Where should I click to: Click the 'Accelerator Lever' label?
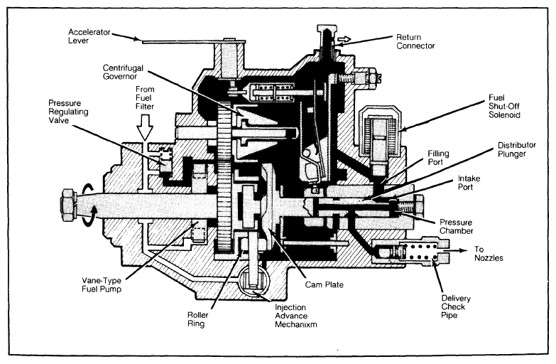point(89,36)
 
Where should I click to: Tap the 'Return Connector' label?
point(415,41)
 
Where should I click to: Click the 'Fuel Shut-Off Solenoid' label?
point(504,106)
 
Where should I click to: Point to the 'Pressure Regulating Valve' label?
point(68,112)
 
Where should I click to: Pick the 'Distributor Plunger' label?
point(517,149)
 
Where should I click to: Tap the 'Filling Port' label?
point(438,158)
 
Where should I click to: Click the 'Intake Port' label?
point(469,183)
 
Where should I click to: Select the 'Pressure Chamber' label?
point(456,227)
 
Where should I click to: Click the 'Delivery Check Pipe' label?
point(456,307)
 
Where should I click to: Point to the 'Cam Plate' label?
point(324,284)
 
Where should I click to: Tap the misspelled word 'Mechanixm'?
point(295,325)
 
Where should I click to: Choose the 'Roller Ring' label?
point(197,319)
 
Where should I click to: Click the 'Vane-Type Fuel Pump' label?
point(102,285)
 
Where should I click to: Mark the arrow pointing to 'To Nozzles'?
point(457,250)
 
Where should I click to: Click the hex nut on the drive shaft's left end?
point(68,205)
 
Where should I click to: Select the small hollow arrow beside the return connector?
point(344,38)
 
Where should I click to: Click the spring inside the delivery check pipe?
point(421,252)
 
